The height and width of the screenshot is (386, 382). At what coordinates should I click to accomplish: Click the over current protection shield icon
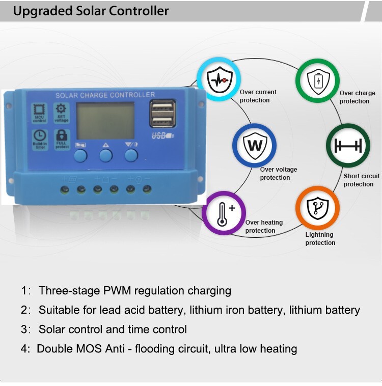(x=219, y=79)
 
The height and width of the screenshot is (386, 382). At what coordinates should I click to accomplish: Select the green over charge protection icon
(x=318, y=80)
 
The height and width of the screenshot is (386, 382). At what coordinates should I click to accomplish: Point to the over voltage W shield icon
(x=254, y=145)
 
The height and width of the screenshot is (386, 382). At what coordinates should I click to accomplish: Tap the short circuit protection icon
(x=348, y=145)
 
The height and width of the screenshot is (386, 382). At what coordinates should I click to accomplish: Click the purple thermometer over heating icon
(x=224, y=213)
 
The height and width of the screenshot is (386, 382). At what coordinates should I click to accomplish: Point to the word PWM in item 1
(x=118, y=291)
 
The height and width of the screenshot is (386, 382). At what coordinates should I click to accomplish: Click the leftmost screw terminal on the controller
(x=64, y=189)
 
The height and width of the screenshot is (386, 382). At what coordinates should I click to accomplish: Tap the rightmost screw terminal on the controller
(x=147, y=189)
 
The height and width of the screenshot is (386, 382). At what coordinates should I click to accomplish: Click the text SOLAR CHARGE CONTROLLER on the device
(x=105, y=95)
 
